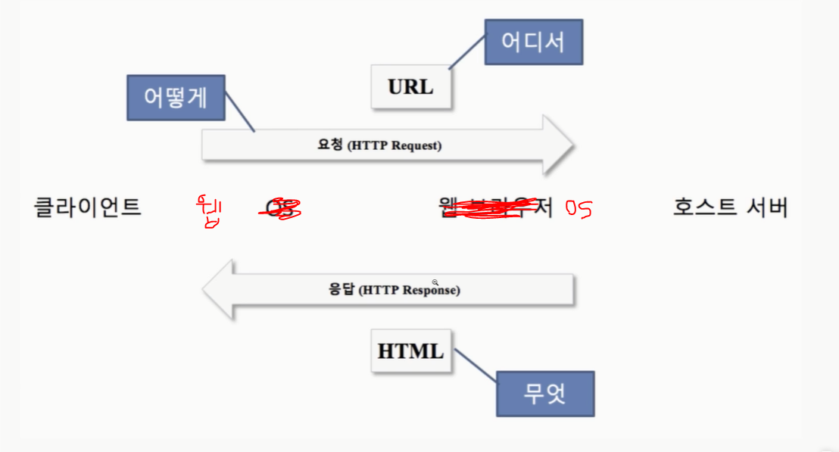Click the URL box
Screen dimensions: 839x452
click(x=410, y=86)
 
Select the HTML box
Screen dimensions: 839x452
click(x=410, y=351)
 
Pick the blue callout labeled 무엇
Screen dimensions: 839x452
click(x=545, y=394)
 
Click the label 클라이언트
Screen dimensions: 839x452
click(x=88, y=207)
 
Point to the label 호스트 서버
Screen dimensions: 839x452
click(x=730, y=207)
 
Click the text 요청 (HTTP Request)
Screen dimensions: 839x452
click(x=379, y=145)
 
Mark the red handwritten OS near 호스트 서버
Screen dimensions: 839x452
click(x=578, y=208)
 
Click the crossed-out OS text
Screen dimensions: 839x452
click(x=280, y=207)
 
